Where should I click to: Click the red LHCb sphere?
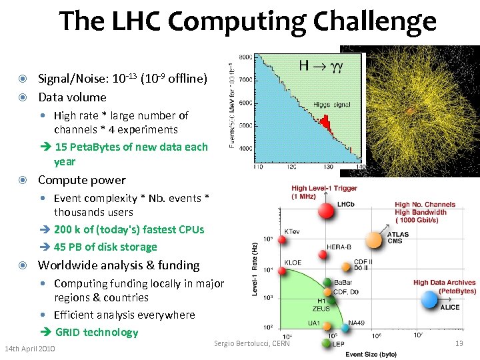[x=326, y=211]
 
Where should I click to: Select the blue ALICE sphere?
[x=431, y=302]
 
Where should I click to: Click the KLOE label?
[x=293, y=263]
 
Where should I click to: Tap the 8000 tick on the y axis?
[x=245, y=58]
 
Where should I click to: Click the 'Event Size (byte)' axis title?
[x=371, y=353]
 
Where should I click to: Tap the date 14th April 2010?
[x=30, y=349]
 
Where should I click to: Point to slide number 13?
[x=458, y=343]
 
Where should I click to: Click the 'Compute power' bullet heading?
[x=81, y=180]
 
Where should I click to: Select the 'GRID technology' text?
[x=97, y=332]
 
